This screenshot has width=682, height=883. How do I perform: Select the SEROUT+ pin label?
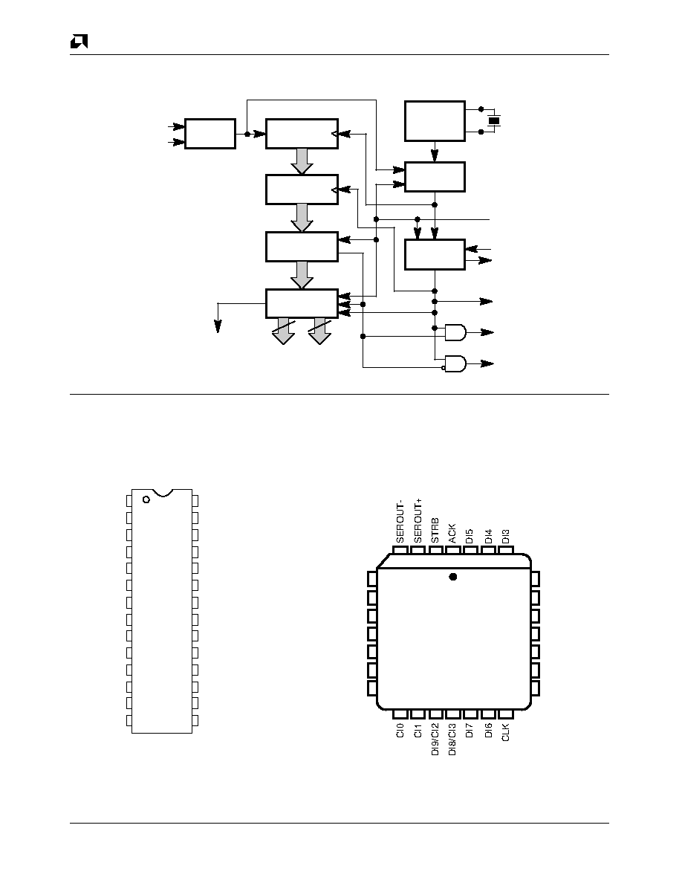pyautogui.click(x=418, y=521)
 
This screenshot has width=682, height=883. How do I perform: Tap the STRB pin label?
pyautogui.click(x=435, y=531)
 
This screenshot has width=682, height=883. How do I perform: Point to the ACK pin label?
pyautogui.click(x=452, y=533)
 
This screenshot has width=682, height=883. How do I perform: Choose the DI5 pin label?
pyautogui.click(x=470, y=536)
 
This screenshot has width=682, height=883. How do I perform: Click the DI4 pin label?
pyautogui.click(x=488, y=536)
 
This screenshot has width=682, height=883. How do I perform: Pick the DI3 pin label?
pyautogui.click(x=505, y=536)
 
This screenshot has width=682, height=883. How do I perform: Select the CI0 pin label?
pyautogui.click(x=400, y=731)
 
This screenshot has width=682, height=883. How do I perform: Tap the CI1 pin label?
pyautogui.click(x=418, y=731)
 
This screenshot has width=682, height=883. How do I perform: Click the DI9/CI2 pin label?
pyautogui.click(x=435, y=740)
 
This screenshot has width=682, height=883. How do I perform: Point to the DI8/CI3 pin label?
pyautogui.click(x=452, y=740)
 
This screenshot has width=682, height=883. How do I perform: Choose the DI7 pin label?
pyautogui.click(x=470, y=731)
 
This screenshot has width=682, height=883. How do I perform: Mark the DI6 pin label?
pyautogui.click(x=488, y=731)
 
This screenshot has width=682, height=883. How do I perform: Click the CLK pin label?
pyautogui.click(x=505, y=732)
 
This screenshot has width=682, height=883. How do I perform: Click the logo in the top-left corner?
pyautogui.click(x=79, y=42)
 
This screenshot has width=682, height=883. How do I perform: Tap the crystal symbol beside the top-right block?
pyautogui.click(x=494, y=120)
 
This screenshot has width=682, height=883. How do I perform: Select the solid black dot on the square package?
pyautogui.click(x=453, y=577)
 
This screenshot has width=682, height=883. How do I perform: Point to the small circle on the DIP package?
pyautogui.click(x=146, y=499)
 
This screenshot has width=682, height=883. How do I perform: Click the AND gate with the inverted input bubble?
pyautogui.click(x=455, y=363)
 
